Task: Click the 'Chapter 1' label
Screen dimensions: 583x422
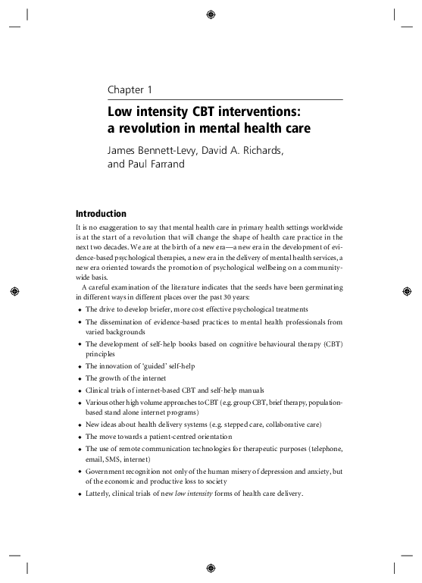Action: coord(130,90)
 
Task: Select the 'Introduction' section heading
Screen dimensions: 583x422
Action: coord(102,214)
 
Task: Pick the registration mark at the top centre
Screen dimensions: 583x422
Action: coord(211,14)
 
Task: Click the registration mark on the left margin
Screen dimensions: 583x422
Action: coord(14,291)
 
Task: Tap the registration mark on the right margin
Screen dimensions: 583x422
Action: coord(407,291)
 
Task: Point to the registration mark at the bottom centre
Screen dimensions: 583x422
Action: coord(211,568)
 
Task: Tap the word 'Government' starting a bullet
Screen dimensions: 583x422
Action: coord(105,471)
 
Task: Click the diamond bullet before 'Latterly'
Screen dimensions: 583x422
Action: coord(80,495)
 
